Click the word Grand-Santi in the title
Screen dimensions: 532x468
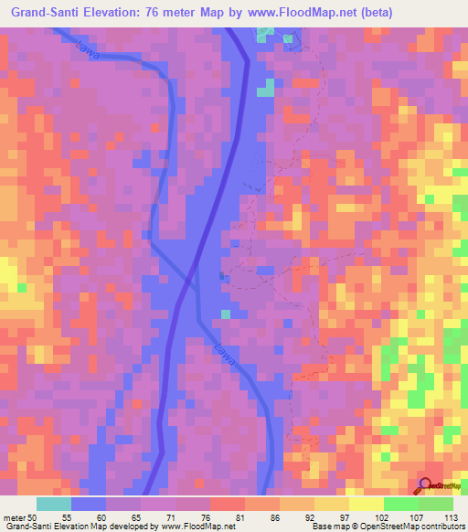pyautogui.click(x=47, y=12)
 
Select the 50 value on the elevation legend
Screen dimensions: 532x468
pyautogui.click(x=33, y=516)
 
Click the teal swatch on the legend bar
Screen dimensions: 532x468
pyautogui.click(x=54, y=504)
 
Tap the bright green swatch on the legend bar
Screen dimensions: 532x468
pyautogui.click(x=400, y=504)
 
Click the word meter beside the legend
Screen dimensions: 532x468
pyautogui.click(x=14, y=516)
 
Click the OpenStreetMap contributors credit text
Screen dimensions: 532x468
pyautogui.click(x=411, y=527)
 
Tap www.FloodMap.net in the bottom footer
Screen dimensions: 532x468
pyautogui.click(x=196, y=527)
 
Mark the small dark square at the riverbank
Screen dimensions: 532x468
pyautogui.click(x=222, y=273)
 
